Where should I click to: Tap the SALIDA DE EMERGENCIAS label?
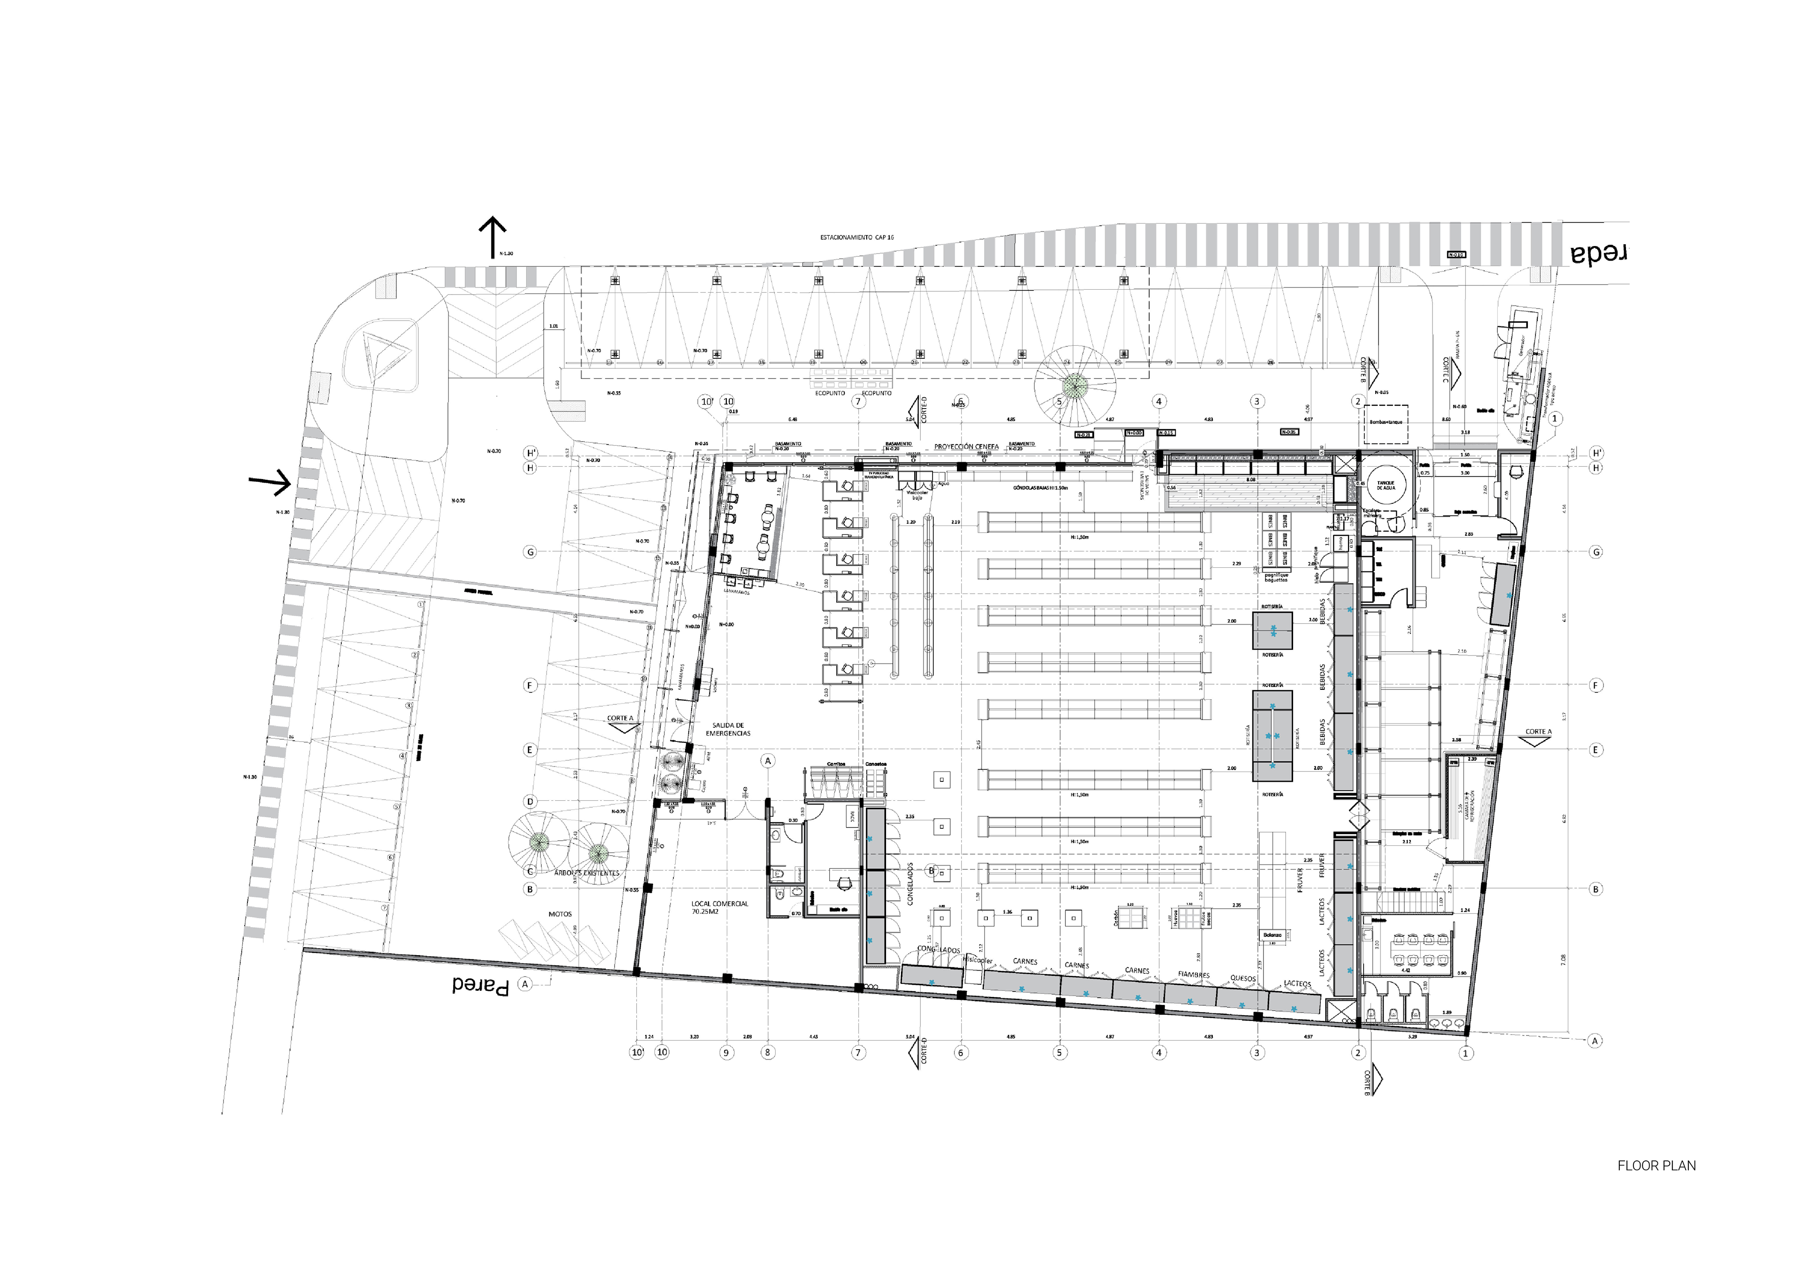click(728, 729)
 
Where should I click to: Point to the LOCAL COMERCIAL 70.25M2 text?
click(719, 908)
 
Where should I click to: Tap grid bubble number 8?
click(767, 1052)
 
